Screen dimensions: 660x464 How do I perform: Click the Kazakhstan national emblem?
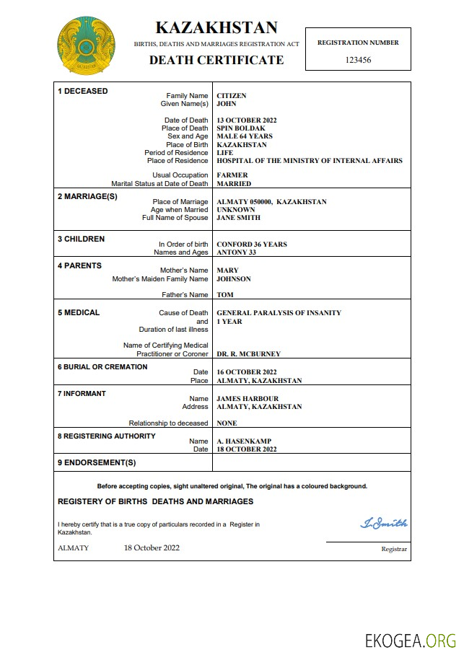pyautogui.click(x=86, y=45)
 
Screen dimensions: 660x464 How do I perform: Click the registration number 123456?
pyautogui.click(x=358, y=61)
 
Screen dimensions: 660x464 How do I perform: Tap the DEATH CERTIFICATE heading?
pyautogui.click(x=216, y=61)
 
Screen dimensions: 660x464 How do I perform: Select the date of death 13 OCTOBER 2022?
pyautogui.click(x=246, y=120)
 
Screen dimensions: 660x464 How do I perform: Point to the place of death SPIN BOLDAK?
pyautogui.click(x=238, y=128)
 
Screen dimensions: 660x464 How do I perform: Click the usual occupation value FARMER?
pyautogui.click(x=232, y=175)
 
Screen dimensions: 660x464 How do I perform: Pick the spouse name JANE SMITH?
pyautogui.click(x=238, y=218)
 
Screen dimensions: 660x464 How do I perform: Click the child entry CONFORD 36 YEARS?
pyautogui.click(x=251, y=245)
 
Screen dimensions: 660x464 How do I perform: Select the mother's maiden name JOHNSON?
pyautogui.click(x=234, y=279)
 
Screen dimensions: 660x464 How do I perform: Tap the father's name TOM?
pyautogui.click(x=224, y=295)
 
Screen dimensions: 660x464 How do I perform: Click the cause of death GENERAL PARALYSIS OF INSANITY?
pyautogui.click(x=279, y=313)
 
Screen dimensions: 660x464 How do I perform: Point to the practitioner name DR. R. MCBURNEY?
pyautogui.click(x=248, y=354)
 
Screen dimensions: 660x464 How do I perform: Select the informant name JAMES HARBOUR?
pyautogui.click(x=248, y=399)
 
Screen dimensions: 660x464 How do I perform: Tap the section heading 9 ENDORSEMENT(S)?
pyautogui.click(x=97, y=462)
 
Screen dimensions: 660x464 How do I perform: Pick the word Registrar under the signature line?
pyautogui.click(x=394, y=550)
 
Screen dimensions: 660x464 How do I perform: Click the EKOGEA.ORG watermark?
pyautogui.click(x=411, y=640)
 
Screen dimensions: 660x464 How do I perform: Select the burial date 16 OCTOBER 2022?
pyautogui.click(x=246, y=372)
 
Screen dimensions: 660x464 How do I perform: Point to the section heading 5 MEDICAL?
pyautogui.click(x=79, y=313)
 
